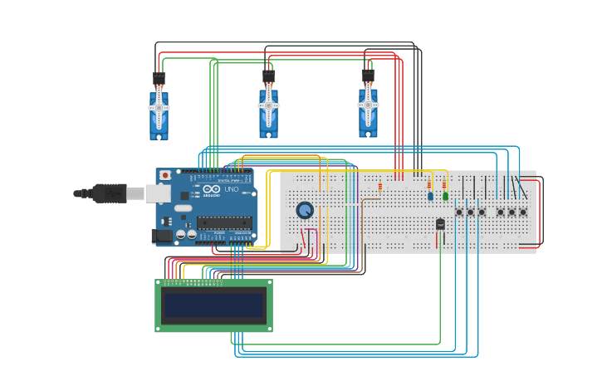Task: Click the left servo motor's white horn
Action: coord(159,107)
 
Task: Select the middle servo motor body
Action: coord(268,114)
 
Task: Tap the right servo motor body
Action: coord(368,114)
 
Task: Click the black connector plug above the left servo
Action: coord(159,80)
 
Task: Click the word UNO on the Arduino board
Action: coord(223,191)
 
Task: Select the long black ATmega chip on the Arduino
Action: coord(224,222)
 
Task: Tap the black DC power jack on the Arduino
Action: coord(163,236)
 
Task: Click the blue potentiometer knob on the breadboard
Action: coord(305,211)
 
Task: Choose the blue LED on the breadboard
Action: coord(430,196)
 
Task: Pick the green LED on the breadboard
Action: coord(445,196)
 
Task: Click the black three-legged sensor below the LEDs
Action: coord(440,223)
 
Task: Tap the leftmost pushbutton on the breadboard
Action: coord(458,212)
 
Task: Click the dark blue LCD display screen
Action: coord(213,305)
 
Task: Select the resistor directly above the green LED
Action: coord(444,183)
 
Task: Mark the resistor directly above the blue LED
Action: coord(429,183)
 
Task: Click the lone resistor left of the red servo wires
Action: coord(380,186)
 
